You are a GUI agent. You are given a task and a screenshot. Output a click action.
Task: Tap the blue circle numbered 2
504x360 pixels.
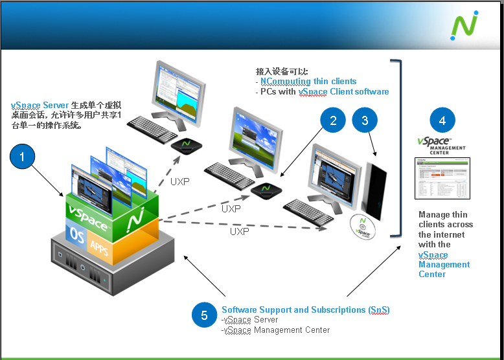(333, 120)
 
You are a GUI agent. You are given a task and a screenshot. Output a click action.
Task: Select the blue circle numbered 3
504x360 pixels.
(365, 120)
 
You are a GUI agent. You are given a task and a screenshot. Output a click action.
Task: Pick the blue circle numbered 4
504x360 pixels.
(442, 120)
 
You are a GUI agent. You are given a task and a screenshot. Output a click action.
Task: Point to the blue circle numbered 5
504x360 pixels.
(205, 315)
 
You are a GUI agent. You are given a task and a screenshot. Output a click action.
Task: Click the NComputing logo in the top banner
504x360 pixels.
(464, 25)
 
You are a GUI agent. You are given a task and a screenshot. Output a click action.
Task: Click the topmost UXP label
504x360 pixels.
(179, 182)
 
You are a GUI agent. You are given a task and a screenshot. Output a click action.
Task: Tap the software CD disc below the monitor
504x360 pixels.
(364, 227)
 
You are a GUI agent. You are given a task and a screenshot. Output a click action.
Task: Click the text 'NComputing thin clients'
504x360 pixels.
(308, 82)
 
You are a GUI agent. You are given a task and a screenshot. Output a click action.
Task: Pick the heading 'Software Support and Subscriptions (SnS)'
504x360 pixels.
(305, 310)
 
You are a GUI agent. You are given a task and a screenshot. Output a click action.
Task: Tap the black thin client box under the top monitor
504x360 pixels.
(185, 145)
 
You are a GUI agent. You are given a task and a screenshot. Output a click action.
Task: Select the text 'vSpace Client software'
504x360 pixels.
(343, 92)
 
